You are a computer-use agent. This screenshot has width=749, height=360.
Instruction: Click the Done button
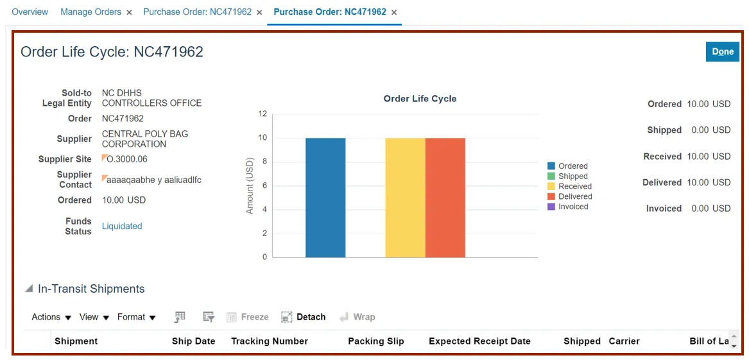click(x=722, y=52)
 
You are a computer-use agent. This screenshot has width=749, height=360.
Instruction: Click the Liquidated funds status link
click(x=122, y=226)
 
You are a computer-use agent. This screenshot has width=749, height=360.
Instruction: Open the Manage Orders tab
click(x=90, y=12)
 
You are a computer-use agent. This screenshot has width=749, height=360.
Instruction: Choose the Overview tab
click(x=30, y=12)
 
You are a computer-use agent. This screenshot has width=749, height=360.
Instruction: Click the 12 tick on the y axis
click(x=263, y=114)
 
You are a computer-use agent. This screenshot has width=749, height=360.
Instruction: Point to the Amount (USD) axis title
click(x=250, y=186)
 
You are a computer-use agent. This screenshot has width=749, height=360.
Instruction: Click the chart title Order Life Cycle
click(x=420, y=99)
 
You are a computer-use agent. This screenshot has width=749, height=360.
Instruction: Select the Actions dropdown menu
click(x=51, y=317)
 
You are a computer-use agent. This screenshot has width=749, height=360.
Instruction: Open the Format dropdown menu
click(x=137, y=317)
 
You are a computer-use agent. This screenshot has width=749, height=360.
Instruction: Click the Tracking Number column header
click(x=270, y=341)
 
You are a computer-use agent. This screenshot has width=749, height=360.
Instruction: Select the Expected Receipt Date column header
click(x=479, y=341)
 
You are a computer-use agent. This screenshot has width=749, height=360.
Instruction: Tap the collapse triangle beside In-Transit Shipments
click(x=29, y=289)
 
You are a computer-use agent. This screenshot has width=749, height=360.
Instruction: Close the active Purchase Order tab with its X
click(x=394, y=13)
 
